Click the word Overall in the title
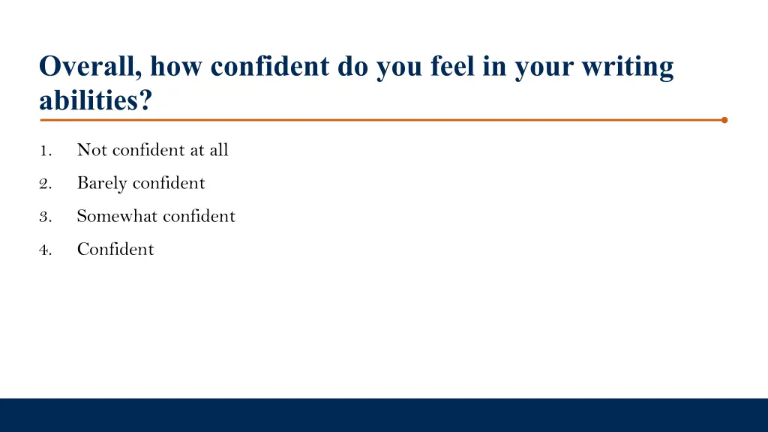(x=87, y=67)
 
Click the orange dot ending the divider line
(x=724, y=119)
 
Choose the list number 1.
(x=46, y=151)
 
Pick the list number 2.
(x=45, y=184)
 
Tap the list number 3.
(x=45, y=217)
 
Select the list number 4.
(x=45, y=250)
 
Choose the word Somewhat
(x=117, y=217)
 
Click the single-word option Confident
(x=115, y=250)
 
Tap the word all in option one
(x=219, y=150)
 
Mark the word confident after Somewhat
(x=199, y=217)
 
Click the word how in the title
(x=178, y=67)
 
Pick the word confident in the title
(x=270, y=67)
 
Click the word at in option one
(x=197, y=151)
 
